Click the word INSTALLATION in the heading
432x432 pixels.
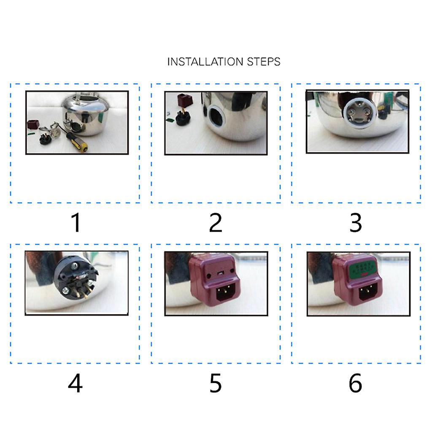coord(205,62)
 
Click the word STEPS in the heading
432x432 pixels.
coord(264,62)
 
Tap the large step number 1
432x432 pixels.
coord(76,223)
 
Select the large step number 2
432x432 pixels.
coord(216,223)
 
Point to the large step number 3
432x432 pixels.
coord(356,223)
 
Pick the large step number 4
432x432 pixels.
coord(75,383)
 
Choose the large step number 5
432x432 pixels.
coord(216,383)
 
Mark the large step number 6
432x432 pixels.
coord(355,383)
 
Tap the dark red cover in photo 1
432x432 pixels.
coord(32,124)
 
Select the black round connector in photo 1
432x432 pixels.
coord(46,139)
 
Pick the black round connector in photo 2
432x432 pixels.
coord(183,118)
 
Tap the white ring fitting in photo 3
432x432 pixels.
coord(359,113)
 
